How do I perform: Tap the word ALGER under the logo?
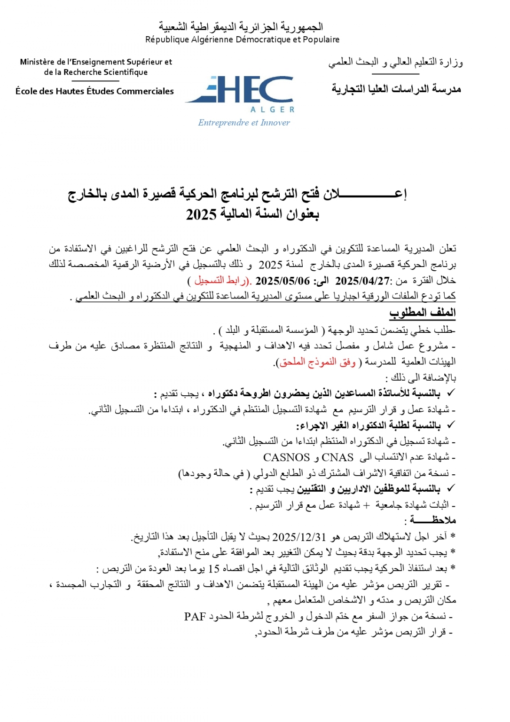pyautogui.click(x=272, y=110)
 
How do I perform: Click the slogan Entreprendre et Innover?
pyautogui.click(x=244, y=123)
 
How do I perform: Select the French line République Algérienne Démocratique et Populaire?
pyautogui.click(x=242, y=39)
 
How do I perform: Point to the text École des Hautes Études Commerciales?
pyautogui.click(x=94, y=91)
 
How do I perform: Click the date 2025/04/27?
pyautogui.click(x=362, y=281)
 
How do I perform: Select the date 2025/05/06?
pyautogui.click(x=282, y=281)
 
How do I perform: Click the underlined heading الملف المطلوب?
pyautogui.click(x=422, y=313)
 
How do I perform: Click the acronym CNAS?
pyautogui.click(x=337, y=457)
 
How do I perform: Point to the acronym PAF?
pyautogui.click(x=195, y=617)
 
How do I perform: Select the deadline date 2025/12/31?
pyautogui.click(x=299, y=537)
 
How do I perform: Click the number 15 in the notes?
pyautogui.click(x=214, y=569)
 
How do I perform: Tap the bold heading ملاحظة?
pyautogui.click(x=432, y=520)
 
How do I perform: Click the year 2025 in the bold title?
pyautogui.click(x=201, y=215)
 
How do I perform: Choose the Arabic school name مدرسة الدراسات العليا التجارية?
pyautogui.click(x=396, y=89)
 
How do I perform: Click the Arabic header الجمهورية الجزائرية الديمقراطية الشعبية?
pyautogui.click(x=241, y=26)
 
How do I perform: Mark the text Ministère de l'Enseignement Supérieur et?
pyautogui.click(x=96, y=62)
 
